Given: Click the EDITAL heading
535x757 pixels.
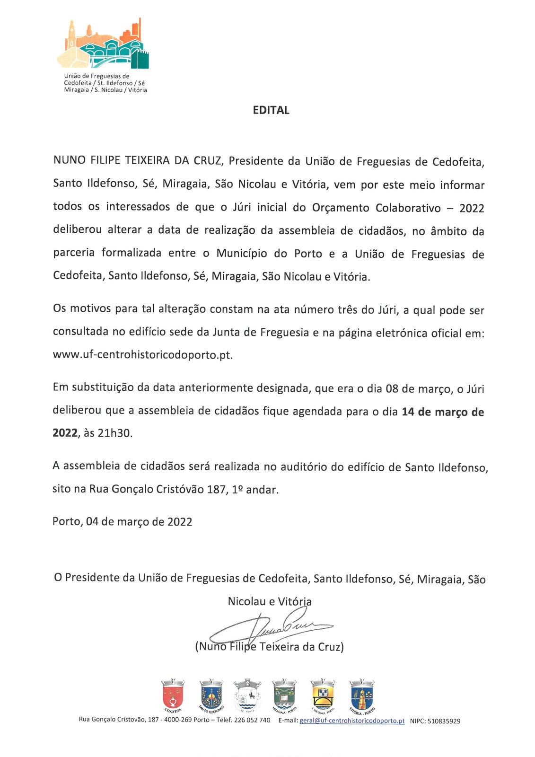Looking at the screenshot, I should (x=271, y=110).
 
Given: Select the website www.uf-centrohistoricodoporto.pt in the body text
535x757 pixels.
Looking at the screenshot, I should (x=143, y=355).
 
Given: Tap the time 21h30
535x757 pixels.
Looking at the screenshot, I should (x=114, y=433).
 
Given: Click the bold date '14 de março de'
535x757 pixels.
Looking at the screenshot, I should (x=443, y=412).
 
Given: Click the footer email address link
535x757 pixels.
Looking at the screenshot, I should (x=352, y=721).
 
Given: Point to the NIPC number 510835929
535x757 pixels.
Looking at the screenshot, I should (x=443, y=721).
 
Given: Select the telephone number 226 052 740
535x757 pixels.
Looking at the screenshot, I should (x=252, y=720).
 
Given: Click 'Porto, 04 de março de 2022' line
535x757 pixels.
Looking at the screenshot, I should (x=123, y=521).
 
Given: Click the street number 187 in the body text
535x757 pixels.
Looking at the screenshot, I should (x=216, y=489).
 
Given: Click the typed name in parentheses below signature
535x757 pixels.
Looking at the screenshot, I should (x=269, y=646).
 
